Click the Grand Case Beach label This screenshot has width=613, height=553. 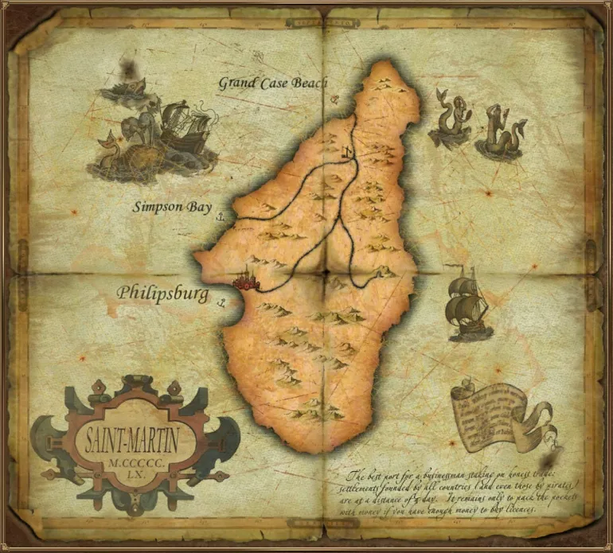coord(273,82)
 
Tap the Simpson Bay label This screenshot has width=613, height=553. coord(172,208)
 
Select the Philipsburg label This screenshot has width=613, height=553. coord(162,293)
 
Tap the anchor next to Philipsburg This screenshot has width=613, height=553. coord(222,302)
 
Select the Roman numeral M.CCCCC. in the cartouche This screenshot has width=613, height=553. coord(128,461)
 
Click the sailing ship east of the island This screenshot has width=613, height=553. coord(467,306)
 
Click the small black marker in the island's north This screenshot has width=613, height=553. coord(348,152)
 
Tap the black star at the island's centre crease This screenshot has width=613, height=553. coord(326,273)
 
